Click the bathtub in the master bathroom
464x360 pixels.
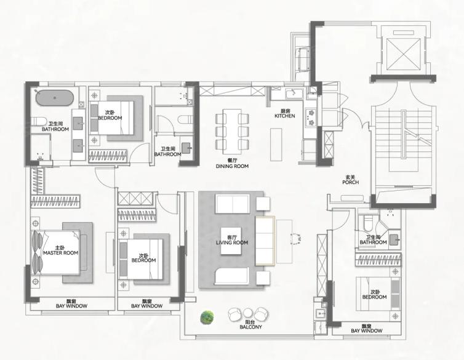click(55, 97)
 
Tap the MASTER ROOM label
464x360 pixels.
click(61, 253)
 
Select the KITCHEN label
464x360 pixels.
click(285, 116)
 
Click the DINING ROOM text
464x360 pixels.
click(232, 166)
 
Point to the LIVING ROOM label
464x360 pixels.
click(232, 243)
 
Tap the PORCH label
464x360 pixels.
click(351, 183)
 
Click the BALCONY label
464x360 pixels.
click(250, 327)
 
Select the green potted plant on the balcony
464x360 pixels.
click(207, 318)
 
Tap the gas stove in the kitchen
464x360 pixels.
click(310, 118)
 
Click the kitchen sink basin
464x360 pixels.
click(294, 94)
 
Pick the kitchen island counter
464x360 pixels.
click(276, 145)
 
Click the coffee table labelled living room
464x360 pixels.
click(231, 241)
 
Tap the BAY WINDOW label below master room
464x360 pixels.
click(71, 306)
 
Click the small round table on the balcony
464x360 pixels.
click(247, 313)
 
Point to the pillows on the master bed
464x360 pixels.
click(38, 252)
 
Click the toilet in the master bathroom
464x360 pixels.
click(38, 121)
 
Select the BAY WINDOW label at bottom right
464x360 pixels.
click(367, 330)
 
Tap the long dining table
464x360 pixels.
click(231, 131)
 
